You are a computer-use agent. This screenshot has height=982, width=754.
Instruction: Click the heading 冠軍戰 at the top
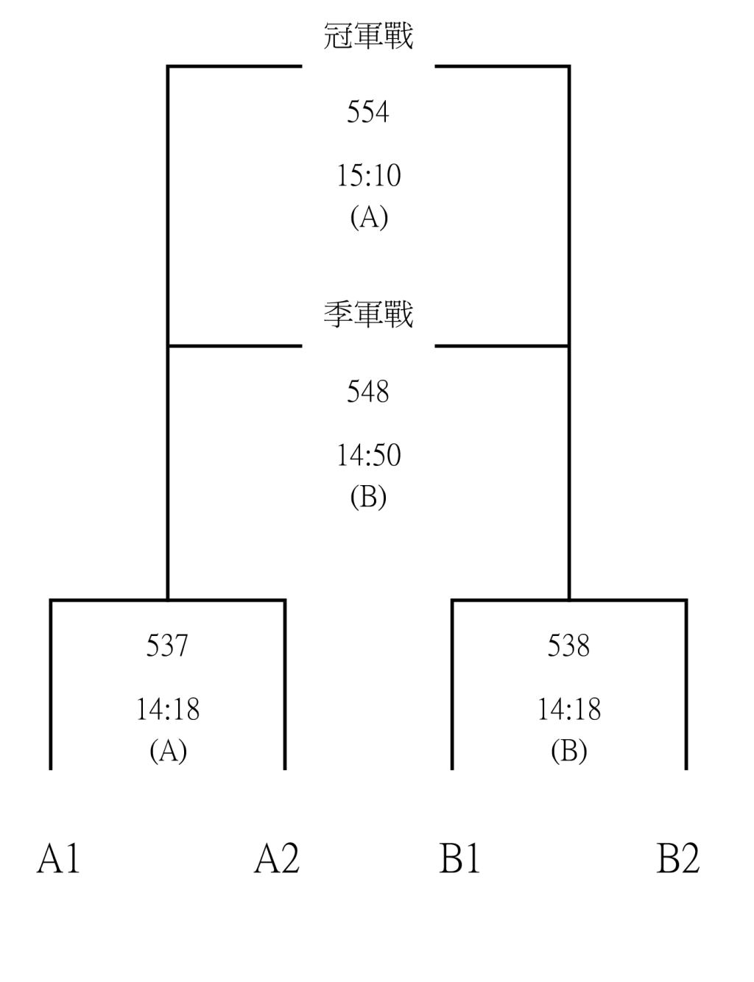pyautogui.click(x=368, y=36)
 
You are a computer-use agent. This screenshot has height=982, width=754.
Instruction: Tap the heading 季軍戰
pyautogui.click(x=368, y=314)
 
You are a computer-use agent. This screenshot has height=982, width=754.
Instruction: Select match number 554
pyautogui.click(x=368, y=112)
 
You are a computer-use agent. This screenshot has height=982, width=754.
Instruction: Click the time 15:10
pyautogui.click(x=369, y=176)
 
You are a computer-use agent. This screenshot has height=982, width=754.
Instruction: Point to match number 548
pyautogui.click(x=368, y=391)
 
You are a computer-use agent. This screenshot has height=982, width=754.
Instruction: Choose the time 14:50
pyautogui.click(x=369, y=455)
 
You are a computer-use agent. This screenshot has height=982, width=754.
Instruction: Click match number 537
pyautogui.click(x=167, y=646)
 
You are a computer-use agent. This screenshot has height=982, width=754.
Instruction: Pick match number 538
pyautogui.click(x=568, y=646)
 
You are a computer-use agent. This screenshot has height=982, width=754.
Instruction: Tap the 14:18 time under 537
pyautogui.click(x=168, y=709)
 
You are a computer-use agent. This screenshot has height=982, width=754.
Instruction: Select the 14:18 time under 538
pyautogui.click(x=569, y=709)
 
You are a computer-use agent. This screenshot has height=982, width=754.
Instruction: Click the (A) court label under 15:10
pyautogui.click(x=369, y=218)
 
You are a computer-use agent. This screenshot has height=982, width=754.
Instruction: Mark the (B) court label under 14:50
pyautogui.click(x=368, y=497)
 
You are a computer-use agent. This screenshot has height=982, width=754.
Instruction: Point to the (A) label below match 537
pyautogui.click(x=168, y=751)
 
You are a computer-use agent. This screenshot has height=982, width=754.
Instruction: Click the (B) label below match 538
pyautogui.click(x=569, y=751)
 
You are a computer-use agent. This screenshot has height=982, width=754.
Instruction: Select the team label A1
pyautogui.click(x=58, y=858)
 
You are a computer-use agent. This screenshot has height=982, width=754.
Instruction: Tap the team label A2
pyautogui.click(x=277, y=858)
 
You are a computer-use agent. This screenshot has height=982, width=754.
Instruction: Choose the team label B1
pyautogui.click(x=459, y=858)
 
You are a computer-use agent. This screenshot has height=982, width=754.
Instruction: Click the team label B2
pyautogui.click(x=678, y=858)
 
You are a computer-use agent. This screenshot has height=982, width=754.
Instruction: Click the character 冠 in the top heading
pyautogui.click(x=338, y=36)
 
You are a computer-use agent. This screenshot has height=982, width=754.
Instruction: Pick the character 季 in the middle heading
pyautogui.click(x=338, y=314)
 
